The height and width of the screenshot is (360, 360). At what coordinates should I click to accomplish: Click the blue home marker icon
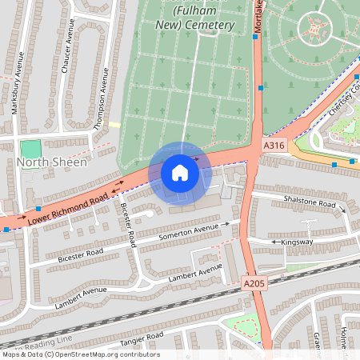pos(180,173)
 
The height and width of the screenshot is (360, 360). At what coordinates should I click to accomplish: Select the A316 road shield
pos(274,146)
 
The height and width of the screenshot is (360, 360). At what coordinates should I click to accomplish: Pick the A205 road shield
pos(254,282)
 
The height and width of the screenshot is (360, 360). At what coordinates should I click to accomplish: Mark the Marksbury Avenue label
pos(16,94)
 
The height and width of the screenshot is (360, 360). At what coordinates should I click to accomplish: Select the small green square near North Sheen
pos(30,149)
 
